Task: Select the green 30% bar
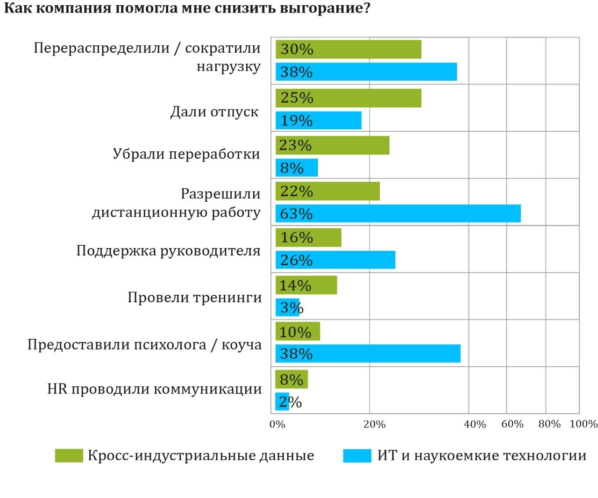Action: pyautogui.click(x=349, y=50)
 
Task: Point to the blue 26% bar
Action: pyautogui.click(x=335, y=260)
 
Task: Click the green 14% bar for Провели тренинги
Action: pyautogui.click(x=306, y=285)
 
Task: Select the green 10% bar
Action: pyautogui.click(x=298, y=331)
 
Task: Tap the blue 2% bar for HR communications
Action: pyautogui.click(x=282, y=402)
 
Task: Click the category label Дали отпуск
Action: pyautogui.click(x=214, y=112)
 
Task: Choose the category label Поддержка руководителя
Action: pyautogui.click(x=168, y=251)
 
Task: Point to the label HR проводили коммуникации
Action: pyautogui.click(x=154, y=389)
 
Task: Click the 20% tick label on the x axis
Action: pyautogui.click(x=374, y=424)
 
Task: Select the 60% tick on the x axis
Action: pyautogui.click(x=512, y=424)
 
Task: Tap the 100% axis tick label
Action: pyautogui.click(x=584, y=424)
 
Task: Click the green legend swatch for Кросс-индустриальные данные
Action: pyautogui.click(x=69, y=455)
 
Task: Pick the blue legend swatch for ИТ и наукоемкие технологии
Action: pyautogui.click(x=357, y=455)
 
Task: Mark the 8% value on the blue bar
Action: pyautogui.click(x=292, y=168)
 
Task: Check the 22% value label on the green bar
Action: pyautogui.click(x=297, y=191)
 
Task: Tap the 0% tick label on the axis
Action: pyautogui.click(x=277, y=424)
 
